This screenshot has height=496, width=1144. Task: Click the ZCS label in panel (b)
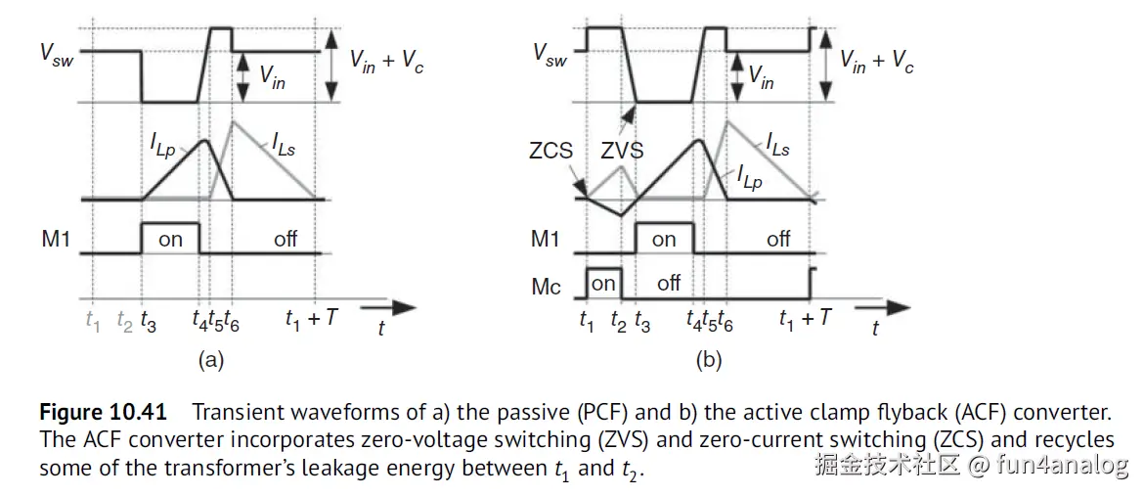coord(551,153)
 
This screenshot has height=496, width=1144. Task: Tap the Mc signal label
coord(546,286)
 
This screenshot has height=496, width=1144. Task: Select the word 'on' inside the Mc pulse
coord(603,283)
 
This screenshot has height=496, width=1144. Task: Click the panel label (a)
coord(210,360)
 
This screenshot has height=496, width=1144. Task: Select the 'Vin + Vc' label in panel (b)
coord(877,61)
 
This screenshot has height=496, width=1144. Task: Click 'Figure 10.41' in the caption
coord(102,411)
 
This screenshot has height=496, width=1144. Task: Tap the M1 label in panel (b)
coord(547,239)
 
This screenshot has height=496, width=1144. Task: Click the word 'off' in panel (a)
coord(286,239)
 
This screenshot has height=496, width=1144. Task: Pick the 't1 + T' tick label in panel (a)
coord(311,318)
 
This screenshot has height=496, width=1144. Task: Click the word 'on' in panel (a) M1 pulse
coord(170,239)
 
